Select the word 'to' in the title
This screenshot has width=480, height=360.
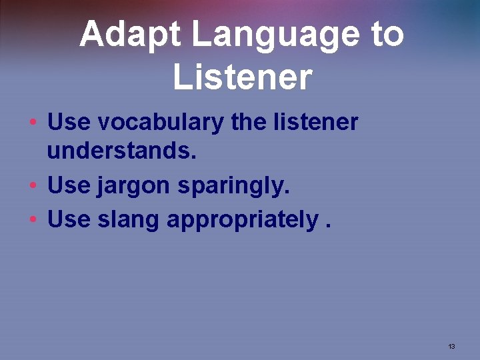pyautogui.click(x=387, y=35)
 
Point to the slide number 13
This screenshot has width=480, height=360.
pyautogui.click(x=451, y=346)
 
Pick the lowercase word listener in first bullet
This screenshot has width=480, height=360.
pyautogui.click(x=317, y=123)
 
